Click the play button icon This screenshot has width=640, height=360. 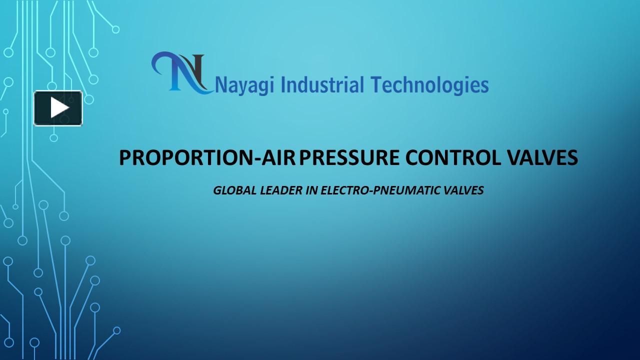click(58, 108)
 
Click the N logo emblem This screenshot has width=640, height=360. click(181, 73)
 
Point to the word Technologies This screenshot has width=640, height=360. click(430, 85)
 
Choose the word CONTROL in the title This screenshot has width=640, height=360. click(453, 158)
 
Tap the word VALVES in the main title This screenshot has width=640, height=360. click(543, 158)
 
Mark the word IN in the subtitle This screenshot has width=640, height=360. click(311, 190)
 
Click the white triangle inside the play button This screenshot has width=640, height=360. click(59, 108)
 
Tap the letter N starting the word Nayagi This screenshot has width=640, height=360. click(220, 85)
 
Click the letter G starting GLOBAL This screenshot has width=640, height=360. click(217, 190)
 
